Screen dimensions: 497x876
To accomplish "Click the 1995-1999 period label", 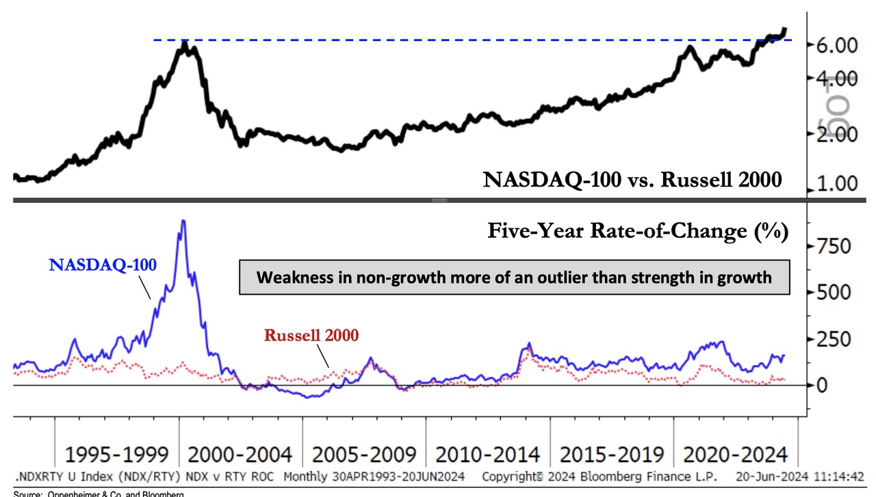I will (x=116, y=455).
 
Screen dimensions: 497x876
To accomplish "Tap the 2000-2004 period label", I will (x=240, y=455).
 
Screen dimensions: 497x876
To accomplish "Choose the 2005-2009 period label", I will (x=364, y=455).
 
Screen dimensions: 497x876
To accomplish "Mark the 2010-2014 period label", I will (x=488, y=455).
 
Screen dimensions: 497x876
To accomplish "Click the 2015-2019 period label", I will (x=612, y=455).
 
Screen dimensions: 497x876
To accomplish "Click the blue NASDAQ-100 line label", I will (x=103, y=265).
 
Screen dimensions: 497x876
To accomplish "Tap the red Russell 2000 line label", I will (x=311, y=335).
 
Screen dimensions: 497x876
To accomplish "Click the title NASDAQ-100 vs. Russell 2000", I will (x=632, y=180).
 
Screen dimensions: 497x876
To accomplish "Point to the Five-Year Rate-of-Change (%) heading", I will (x=638, y=231).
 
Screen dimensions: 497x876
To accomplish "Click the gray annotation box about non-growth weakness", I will (x=514, y=278).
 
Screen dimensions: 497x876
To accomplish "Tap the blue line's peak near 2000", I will (x=183, y=221).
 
